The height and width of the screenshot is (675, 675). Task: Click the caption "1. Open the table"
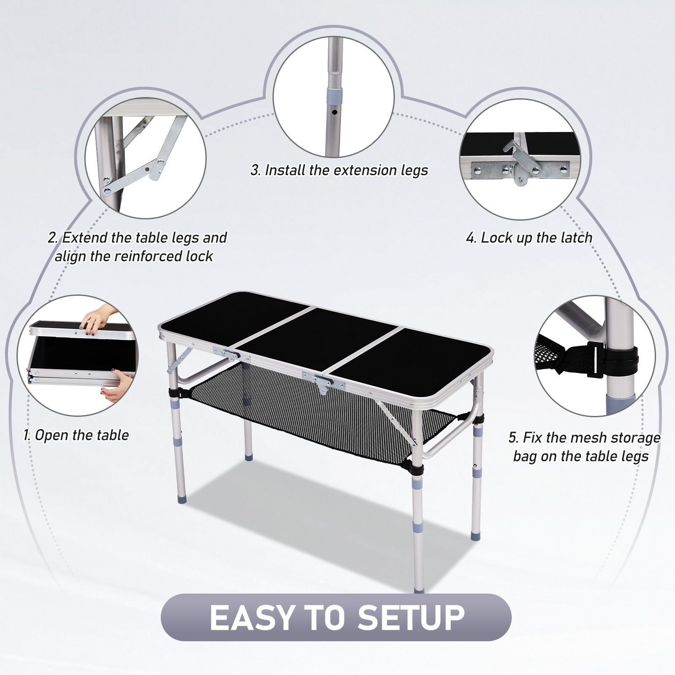click(x=76, y=435)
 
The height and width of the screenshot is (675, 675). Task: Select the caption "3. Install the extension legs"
click(x=339, y=170)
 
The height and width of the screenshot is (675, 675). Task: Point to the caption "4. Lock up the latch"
click(x=529, y=238)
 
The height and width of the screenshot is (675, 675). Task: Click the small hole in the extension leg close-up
click(x=334, y=113)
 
